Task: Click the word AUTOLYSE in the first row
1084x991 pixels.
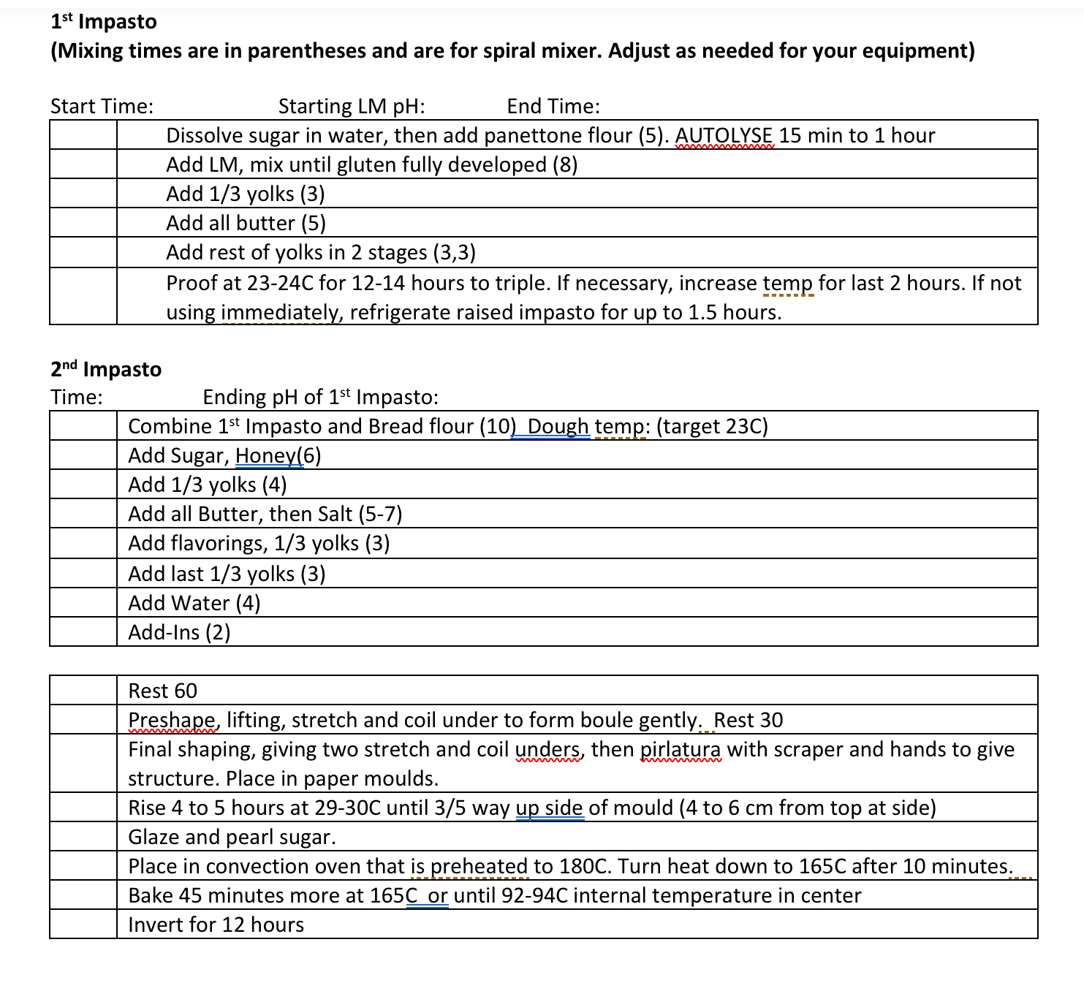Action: [x=723, y=136]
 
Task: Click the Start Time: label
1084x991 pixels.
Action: [x=102, y=107]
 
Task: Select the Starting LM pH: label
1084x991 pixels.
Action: [x=352, y=107]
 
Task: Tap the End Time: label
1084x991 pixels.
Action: [x=553, y=107]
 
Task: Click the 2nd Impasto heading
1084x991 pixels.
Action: [x=106, y=369]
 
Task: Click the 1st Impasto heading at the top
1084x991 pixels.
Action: [x=104, y=22]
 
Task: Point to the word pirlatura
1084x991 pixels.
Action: [x=680, y=750]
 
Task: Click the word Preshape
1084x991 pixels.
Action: [x=172, y=721]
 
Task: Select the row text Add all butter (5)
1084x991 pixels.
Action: [x=246, y=223]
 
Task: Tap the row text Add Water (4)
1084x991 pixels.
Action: [x=194, y=603]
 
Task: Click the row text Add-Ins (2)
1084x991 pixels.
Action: [x=179, y=632]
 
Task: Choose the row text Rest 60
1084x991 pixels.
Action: [x=162, y=691]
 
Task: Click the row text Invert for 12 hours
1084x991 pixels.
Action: [x=216, y=924]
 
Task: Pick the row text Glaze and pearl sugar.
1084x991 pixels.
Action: [x=232, y=837]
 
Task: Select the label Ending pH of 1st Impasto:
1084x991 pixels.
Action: [x=320, y=398]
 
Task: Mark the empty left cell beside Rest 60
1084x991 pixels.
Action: [x=83, y=690]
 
